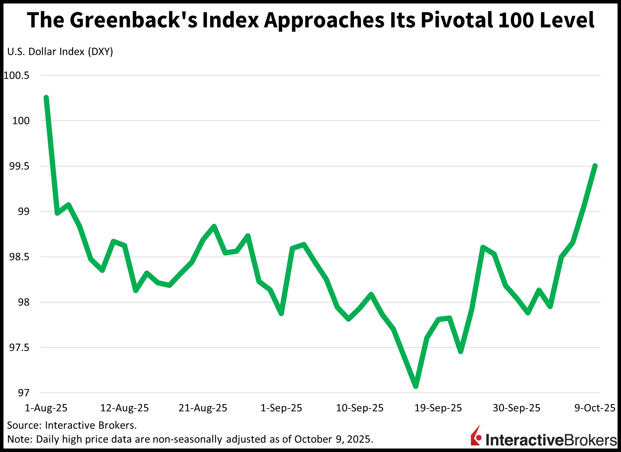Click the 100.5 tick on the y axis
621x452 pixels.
point(16,75)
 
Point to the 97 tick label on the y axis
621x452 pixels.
point(23,393)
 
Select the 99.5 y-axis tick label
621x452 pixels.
point(19,166)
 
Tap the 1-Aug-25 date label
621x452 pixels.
point(46,408)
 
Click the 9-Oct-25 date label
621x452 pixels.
point(595,408)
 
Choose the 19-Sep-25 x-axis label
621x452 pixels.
point(438,408)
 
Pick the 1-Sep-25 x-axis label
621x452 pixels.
point(281,408)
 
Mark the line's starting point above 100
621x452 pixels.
point(46,98)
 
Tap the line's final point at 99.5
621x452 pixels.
point(595,166)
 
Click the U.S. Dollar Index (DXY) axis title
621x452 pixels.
point(60,52)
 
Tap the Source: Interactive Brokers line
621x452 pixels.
point(72,425)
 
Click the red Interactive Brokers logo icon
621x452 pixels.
point(476,436)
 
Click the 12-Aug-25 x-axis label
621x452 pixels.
point(124,408)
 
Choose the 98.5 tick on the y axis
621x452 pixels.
point(19,257)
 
